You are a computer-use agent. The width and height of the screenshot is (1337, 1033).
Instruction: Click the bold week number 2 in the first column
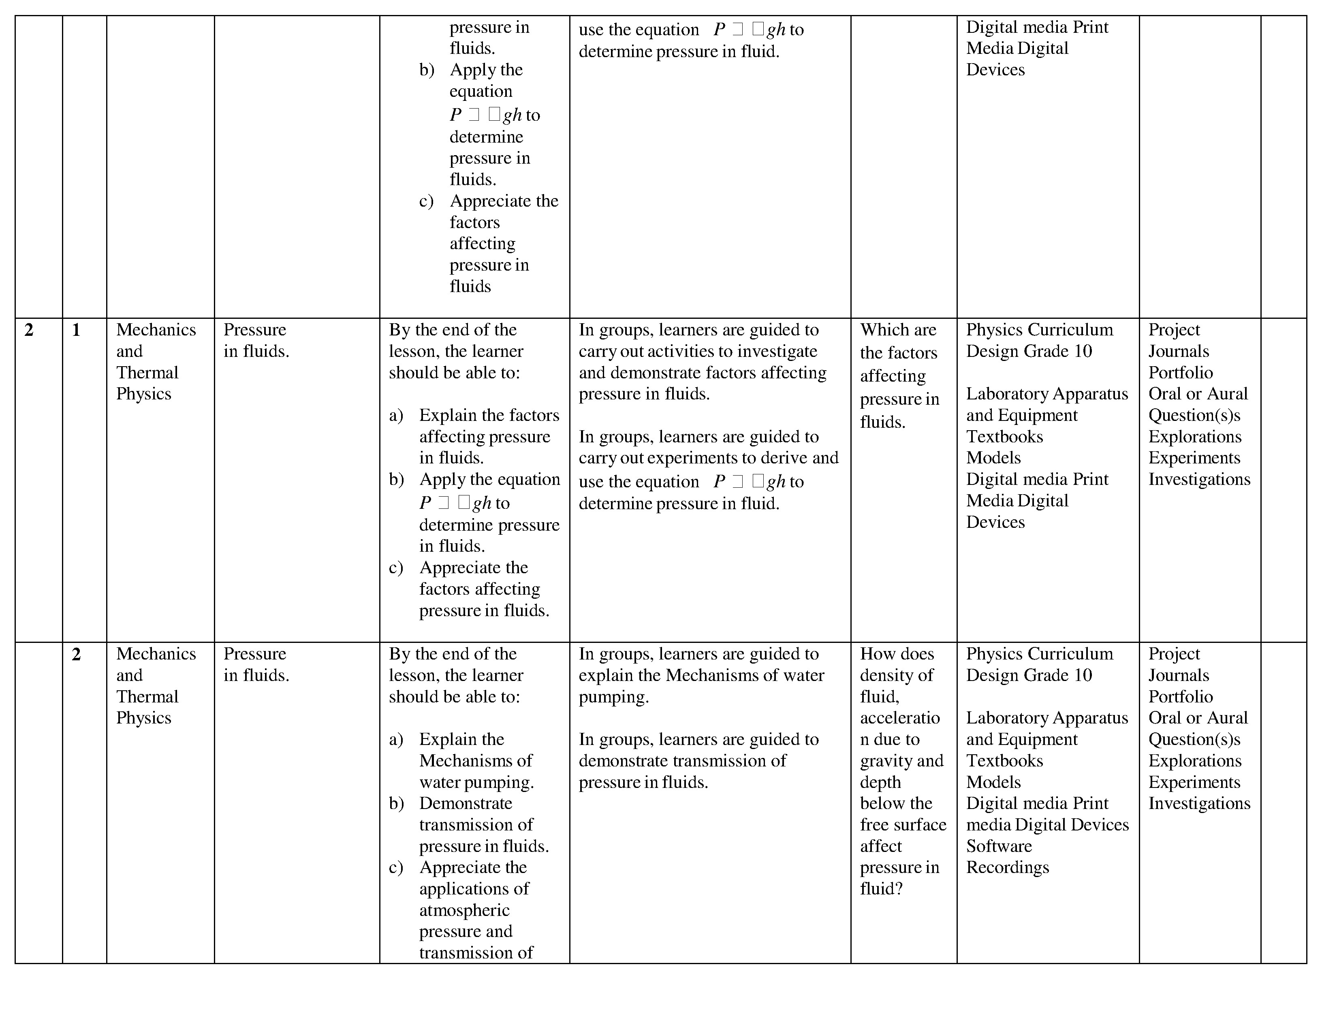(29, 331)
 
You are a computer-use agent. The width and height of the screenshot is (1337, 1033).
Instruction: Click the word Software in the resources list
(998, 846)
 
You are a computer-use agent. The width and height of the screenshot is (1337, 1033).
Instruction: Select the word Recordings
(1007, 867)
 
